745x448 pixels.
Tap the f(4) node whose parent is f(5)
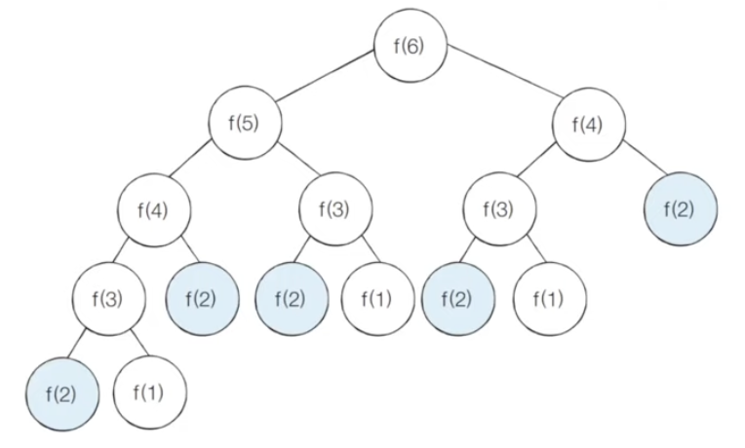click(154, 209)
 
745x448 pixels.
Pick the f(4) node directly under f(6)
click(589, 124)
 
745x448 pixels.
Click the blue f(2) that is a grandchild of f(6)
click(681, 209)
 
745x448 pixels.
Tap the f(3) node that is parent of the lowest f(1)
click(108, 296)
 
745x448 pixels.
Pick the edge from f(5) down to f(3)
click(292, 167)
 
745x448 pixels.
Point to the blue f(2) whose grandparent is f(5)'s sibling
click(458, 296)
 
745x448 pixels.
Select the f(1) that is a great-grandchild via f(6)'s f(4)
click(549, 296)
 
